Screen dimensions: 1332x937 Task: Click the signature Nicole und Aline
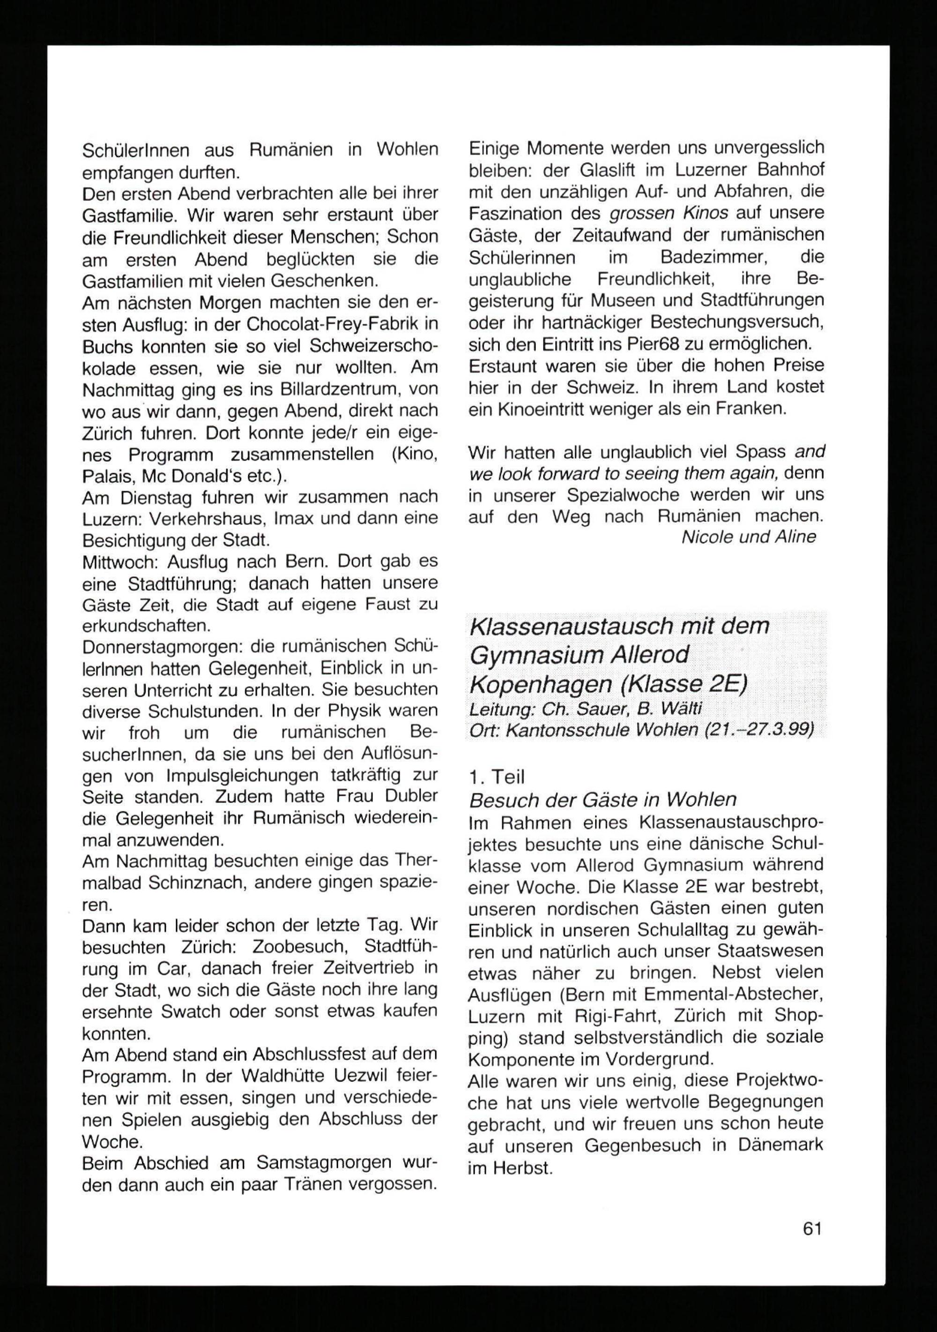pyautogui.click(x=749, y=537)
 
